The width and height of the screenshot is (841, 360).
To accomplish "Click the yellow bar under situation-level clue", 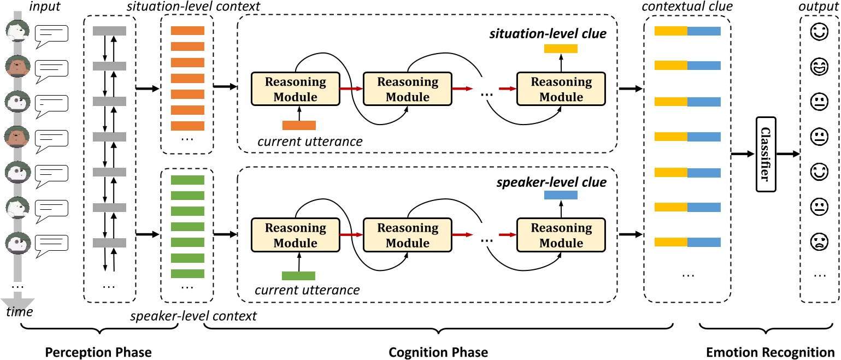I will (x=561, y=49).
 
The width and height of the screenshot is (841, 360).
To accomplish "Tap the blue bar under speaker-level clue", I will (x=561, y=194).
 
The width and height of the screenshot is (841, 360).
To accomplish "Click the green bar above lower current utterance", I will (x=298, y=275).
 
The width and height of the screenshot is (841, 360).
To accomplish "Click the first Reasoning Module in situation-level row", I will (x=296, y=90).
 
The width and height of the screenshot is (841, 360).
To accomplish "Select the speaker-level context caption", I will (x=194, y=315).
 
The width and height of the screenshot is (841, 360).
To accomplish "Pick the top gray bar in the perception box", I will (x=109, y=31).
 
